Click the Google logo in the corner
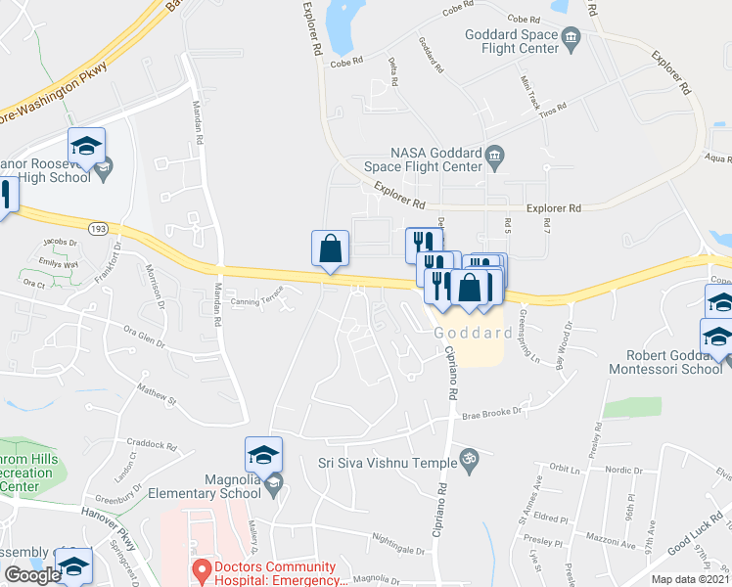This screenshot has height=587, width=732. (32, 575)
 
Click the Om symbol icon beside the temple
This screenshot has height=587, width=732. (467, 457)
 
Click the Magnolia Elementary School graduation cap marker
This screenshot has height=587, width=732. (263, 455)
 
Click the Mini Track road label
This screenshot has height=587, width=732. (529, 93)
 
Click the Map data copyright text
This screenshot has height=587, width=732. (690, 579)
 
